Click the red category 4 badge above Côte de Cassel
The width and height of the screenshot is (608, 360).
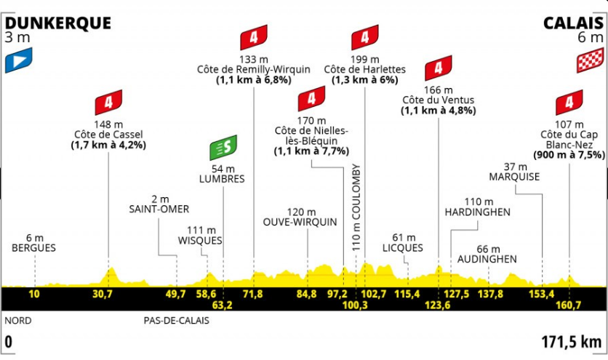coord(109,101)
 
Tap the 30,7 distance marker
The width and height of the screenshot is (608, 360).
coord(103,294)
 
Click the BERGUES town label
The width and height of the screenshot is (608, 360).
coord(33,247)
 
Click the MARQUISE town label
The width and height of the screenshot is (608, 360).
coord(515,177)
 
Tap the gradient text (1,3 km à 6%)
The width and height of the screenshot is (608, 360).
coord(364,80)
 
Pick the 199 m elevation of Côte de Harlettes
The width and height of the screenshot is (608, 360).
coord(365,60)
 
